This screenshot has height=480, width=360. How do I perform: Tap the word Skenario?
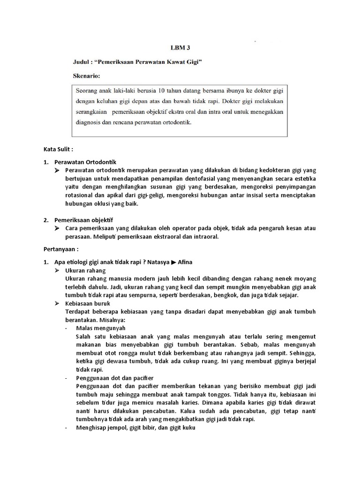click(x=87, y=75)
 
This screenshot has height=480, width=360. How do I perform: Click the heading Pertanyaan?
click(x=60, y=249)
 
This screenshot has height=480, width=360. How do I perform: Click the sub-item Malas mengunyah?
click(x=100, y=328)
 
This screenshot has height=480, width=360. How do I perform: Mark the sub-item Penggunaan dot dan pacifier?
click(x=115, y=377)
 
